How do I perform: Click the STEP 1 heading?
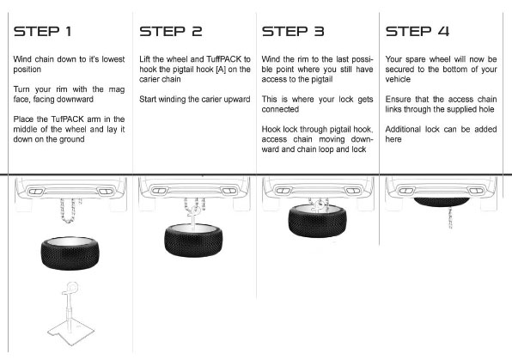tap(42, 32)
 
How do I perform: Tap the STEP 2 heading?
tap(171, 32)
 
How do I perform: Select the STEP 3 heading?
tap(293, 32)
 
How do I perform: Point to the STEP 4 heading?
tap(418, 32)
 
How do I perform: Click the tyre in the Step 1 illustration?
tap(70, 253)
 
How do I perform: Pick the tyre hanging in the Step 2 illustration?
tap(193, 240)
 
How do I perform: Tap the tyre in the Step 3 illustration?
tap(317, 221)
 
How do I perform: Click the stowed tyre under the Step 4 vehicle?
tap(442, 201)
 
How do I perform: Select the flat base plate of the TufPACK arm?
tap(70, 333)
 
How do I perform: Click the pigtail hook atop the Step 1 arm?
tap(72, 288)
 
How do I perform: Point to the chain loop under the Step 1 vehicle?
tap(69, 211)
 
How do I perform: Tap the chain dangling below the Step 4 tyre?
tap(448, 217)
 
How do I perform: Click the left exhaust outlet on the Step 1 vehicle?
tap(35, 192)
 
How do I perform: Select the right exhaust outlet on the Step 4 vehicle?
tap(475, 191)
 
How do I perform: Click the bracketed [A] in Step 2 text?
tap(221, 70)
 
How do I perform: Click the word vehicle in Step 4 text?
tap(398, 79)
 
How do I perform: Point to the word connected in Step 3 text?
tap(280, 109)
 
